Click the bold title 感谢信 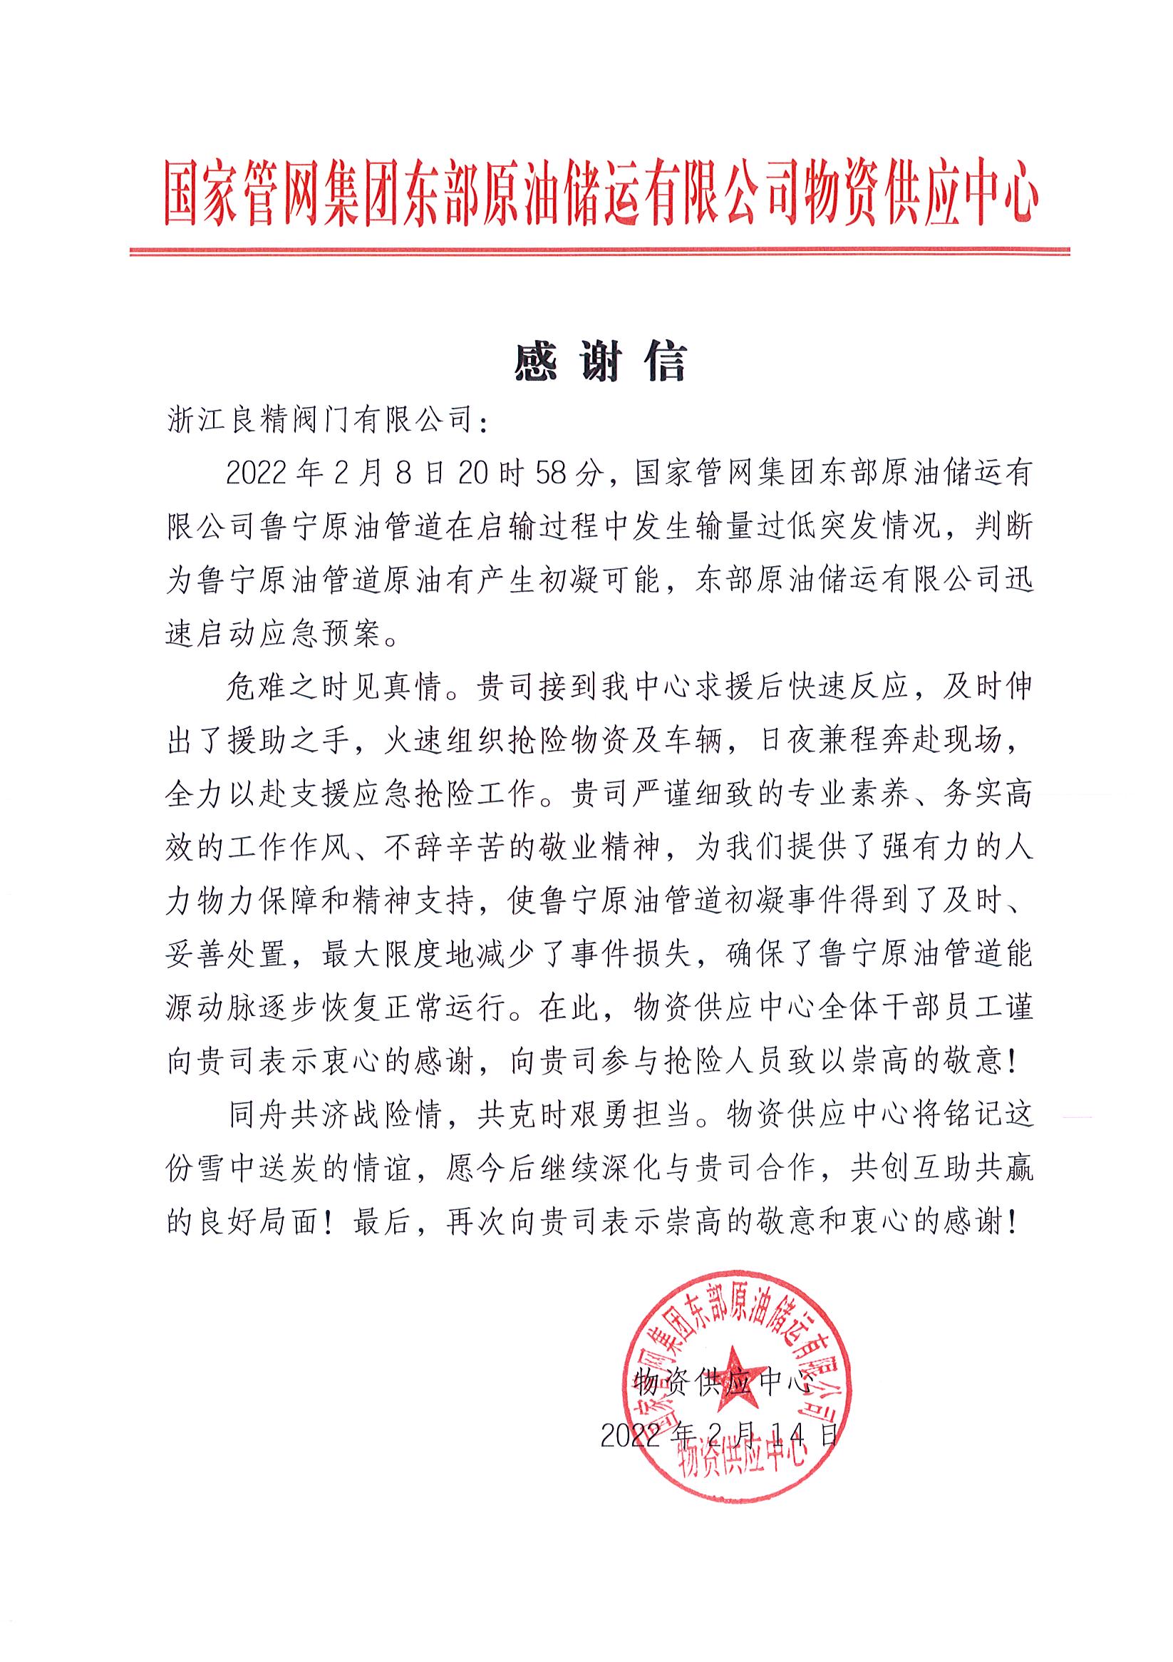click(x=600, y=363)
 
